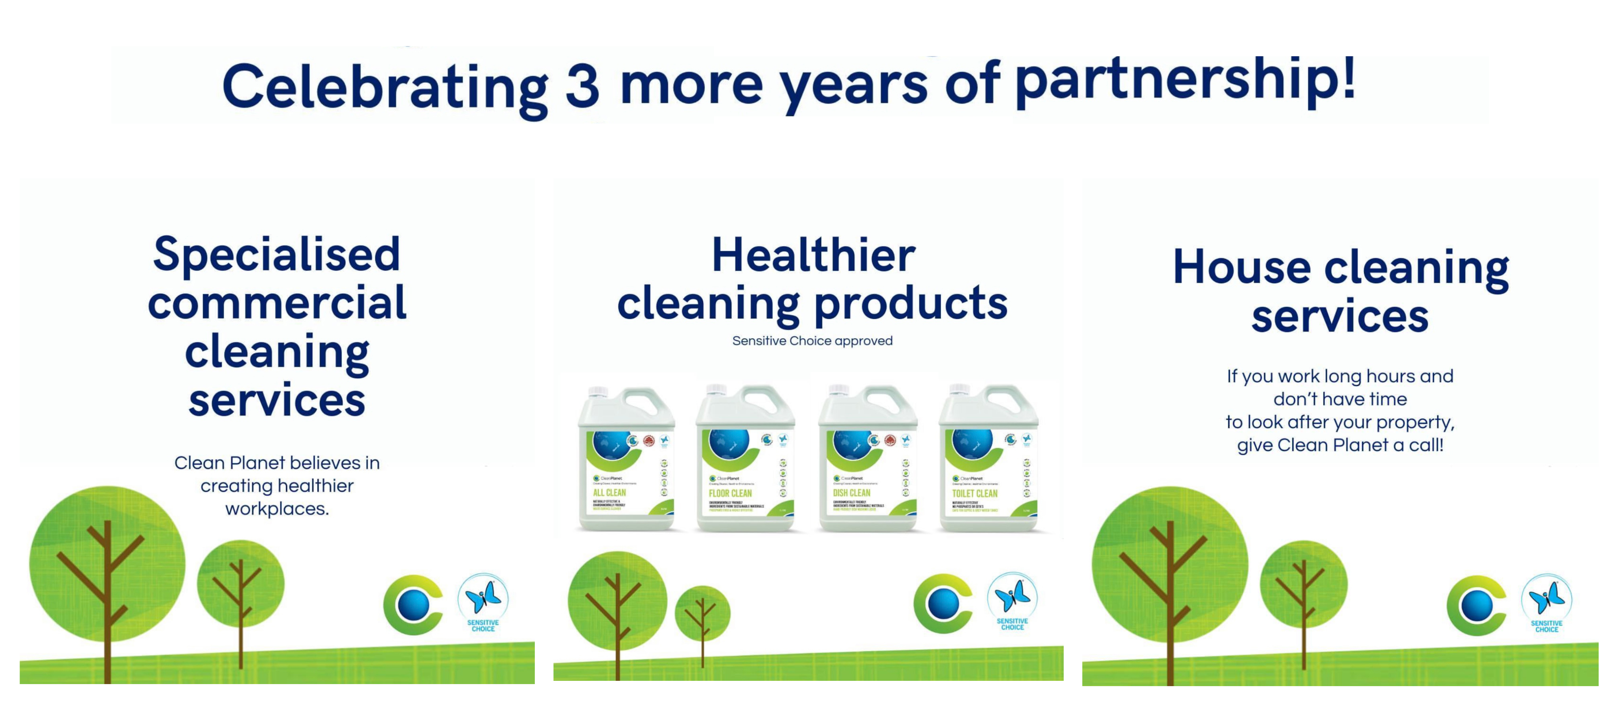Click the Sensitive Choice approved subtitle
tap(812, 341)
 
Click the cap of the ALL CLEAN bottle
tap(598, 392)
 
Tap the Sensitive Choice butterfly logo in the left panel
tap(483, 602)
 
